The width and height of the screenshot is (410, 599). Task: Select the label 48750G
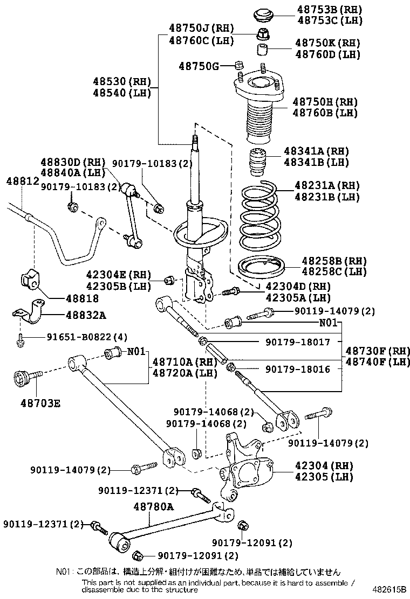(199, 66)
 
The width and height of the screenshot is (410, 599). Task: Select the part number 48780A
(154, 507)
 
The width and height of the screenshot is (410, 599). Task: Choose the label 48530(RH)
(120, 81)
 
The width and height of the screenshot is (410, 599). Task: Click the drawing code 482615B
(388, 589)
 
